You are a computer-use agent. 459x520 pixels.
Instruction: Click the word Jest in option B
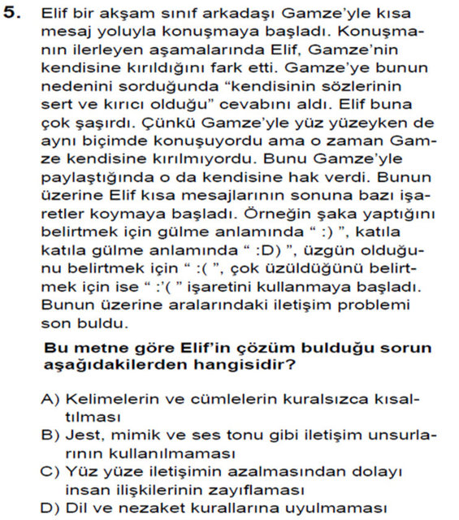80,435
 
